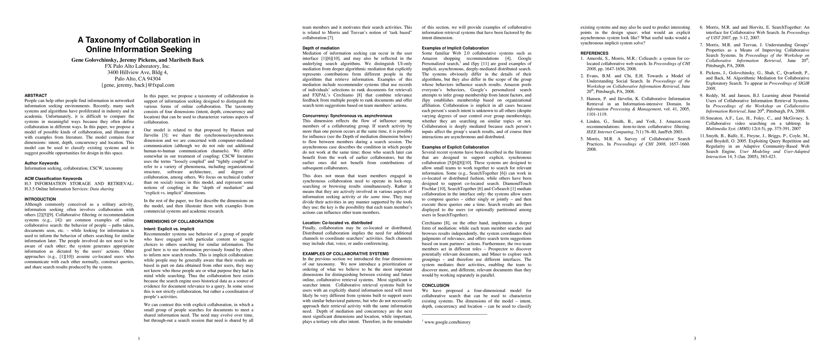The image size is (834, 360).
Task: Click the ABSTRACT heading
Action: pos(36,95)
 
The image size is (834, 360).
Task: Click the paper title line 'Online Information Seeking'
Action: pos(139,49)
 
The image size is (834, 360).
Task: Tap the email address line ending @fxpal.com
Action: pos(138,85)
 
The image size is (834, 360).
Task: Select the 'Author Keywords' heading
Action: pos(41,163)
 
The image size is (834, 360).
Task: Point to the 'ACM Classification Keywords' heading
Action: pos(53,178)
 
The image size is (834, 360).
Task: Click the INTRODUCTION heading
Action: pos(40,199)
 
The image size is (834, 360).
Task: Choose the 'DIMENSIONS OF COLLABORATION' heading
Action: pos(179,221)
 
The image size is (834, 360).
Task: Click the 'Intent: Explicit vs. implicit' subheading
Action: pos(169,229)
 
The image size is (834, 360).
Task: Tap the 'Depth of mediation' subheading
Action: pos(321,48)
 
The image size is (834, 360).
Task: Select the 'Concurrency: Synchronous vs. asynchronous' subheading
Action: pos(347,115)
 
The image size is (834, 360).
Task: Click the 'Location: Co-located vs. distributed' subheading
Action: pos(337,223)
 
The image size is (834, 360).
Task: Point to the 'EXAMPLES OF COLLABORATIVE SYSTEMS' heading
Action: pos(345,254)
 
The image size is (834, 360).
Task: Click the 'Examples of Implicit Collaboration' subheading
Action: pos(455,48)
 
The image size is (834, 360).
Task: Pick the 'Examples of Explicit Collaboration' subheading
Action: pos(455,147)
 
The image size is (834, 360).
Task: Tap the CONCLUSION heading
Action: pos(435,286)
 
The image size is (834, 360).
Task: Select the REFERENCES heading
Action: pos(594,53)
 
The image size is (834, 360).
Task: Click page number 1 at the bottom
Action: pos(139,339)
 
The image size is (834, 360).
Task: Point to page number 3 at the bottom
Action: pos(695,339)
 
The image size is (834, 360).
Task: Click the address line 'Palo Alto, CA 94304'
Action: pos(138,78)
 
